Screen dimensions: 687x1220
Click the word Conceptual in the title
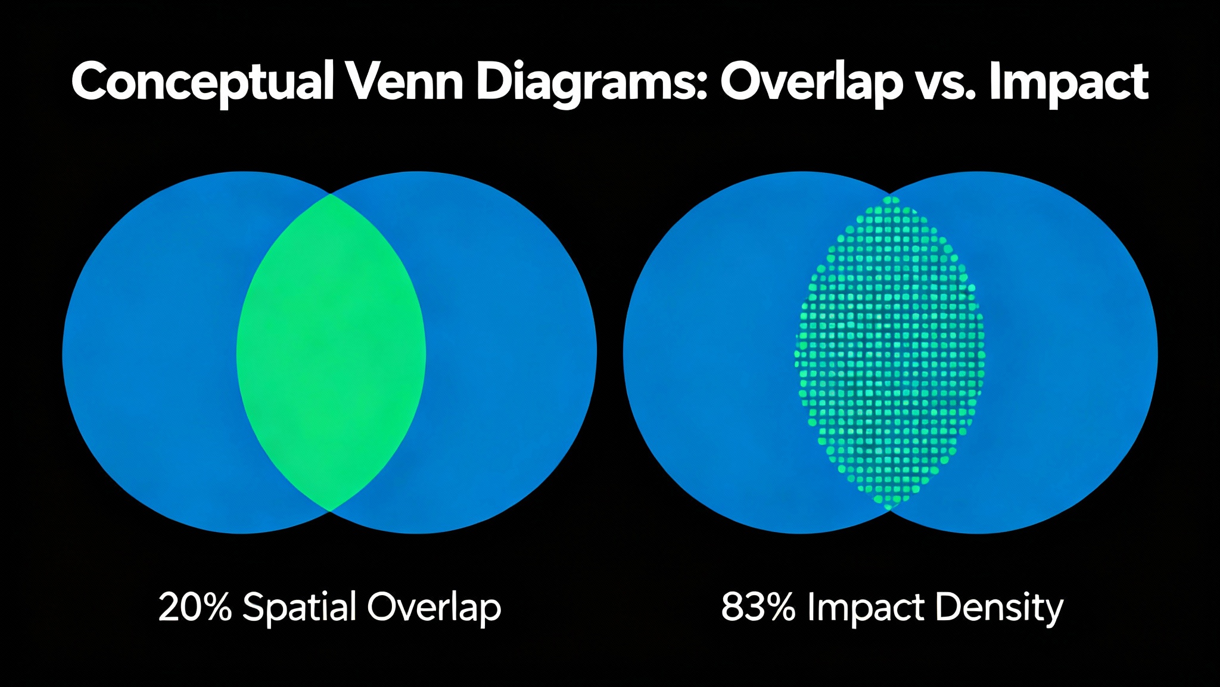[x=202, y=82]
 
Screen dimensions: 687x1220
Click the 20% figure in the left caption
[x=194, y=607]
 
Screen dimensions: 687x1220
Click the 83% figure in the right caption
[x=757, y=607]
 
